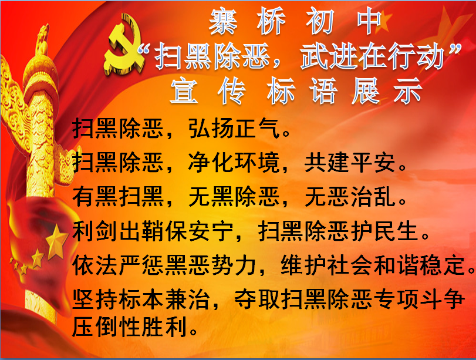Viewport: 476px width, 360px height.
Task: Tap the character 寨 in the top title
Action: point(223,21)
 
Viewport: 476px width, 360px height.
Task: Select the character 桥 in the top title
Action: point(272,21)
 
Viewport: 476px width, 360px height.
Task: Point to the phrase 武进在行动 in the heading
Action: point(373,57)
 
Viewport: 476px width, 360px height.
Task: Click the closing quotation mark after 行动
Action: point(454,49)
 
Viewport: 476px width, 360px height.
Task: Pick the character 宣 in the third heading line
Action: point(184,90)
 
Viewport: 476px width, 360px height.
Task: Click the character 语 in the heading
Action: point(323,90)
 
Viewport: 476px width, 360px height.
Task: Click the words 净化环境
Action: point(234,162)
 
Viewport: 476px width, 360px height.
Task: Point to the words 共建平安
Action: point(350,162)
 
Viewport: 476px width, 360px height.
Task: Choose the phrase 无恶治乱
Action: point(350,197)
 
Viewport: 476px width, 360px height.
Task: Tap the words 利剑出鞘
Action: point(118,231)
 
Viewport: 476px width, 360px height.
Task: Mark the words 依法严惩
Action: point(118,265)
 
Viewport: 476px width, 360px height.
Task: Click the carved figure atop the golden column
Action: point(42,39)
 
